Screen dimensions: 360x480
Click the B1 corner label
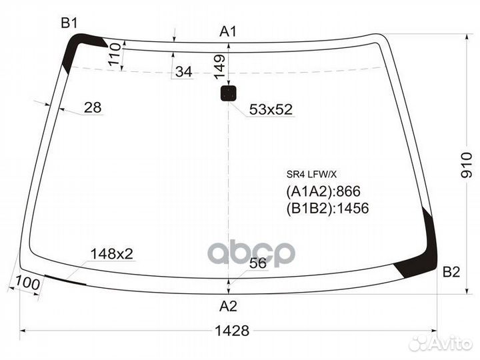coord(70,24)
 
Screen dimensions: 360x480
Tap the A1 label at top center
coord(229,31)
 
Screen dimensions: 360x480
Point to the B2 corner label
coord(451,272)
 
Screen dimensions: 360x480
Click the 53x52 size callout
coord(271,109)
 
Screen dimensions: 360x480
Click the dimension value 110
coord(114,53)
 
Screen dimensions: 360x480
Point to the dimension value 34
coord(183,72)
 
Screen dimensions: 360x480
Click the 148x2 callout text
coord(112,253)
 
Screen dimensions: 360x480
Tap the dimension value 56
coord(257,263)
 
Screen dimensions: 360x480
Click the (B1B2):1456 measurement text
coord(327,208)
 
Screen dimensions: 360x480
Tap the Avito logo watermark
coord(440,343)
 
